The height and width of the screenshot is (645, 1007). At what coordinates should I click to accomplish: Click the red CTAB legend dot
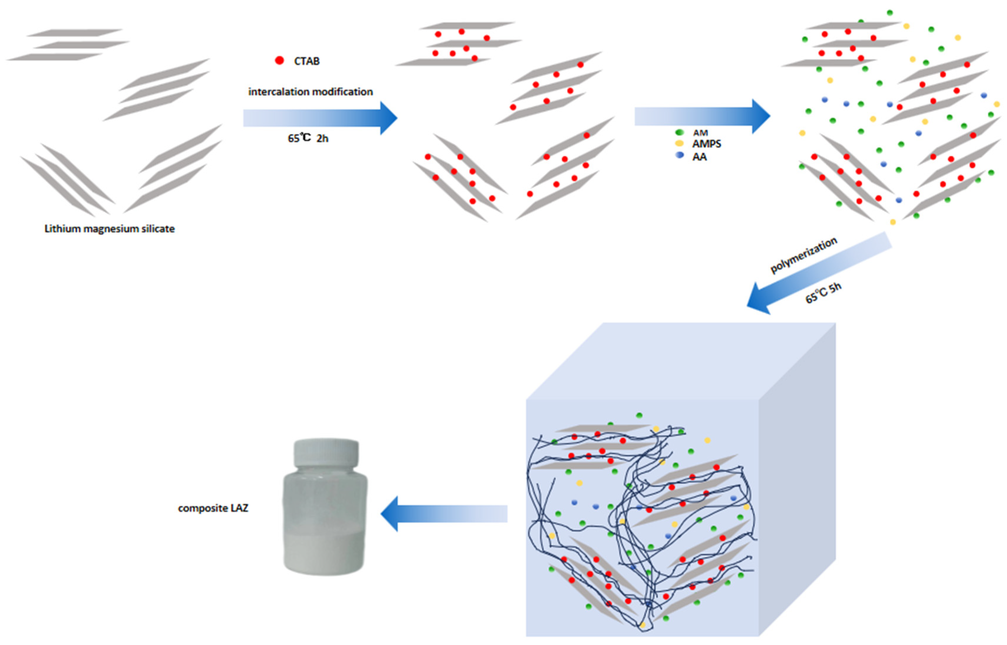pos(279,61)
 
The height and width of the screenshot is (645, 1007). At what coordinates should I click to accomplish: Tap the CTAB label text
pos(307,61)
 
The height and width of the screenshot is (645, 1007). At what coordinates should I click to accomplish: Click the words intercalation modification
pos(311,92)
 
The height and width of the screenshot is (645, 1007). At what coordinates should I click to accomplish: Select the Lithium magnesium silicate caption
pos(109,229)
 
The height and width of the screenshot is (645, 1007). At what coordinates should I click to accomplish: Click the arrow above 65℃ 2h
pos(318,118)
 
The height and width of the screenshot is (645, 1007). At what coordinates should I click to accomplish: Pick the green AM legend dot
pos(680,132)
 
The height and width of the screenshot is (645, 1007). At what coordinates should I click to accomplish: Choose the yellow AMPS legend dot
pos(680,144)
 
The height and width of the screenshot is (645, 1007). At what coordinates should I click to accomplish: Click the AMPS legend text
pos(706,144)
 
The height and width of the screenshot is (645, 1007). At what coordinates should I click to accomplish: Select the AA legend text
pos(699,157)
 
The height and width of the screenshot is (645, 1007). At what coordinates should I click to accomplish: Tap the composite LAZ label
pos(213,508)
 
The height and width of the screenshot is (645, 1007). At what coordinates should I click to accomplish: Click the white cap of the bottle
pos(326,453)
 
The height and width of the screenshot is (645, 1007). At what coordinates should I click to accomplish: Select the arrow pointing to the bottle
pos(444,513)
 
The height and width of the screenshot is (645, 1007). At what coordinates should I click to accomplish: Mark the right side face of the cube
pos(796,482)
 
